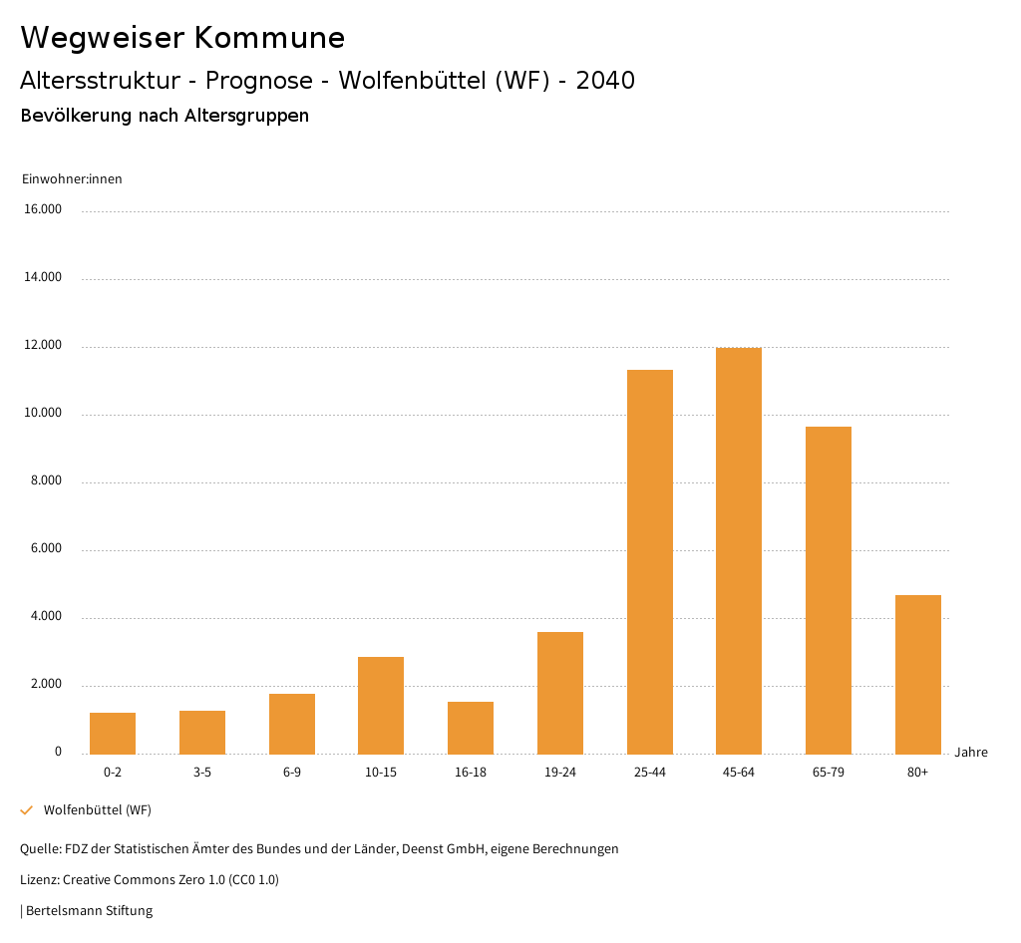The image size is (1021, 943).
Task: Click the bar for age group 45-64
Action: [739, 550]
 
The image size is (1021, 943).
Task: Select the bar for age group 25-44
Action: [650, 561]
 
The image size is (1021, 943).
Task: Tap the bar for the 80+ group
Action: [918, 674]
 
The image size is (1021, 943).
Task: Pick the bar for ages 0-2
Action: [113, 733]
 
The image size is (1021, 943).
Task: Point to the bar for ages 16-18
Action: [471, 728]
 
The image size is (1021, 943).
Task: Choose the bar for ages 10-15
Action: [381, 705]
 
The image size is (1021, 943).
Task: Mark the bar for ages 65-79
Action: [829, 590]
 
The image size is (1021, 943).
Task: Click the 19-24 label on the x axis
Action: [560, 773]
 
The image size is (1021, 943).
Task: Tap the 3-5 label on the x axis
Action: [202, 773]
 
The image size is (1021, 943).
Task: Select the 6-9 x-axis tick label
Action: [292, 773]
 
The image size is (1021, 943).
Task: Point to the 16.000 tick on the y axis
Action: [43, 209]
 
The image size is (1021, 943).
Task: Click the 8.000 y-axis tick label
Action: [46, 480]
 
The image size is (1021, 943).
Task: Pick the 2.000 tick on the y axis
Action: [46, 684]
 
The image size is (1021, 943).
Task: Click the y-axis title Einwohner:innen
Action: [72, 179]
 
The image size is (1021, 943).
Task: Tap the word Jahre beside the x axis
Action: [971, 753]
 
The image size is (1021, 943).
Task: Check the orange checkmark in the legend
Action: [27, 810]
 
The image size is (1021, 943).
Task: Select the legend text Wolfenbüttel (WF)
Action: [98, 810]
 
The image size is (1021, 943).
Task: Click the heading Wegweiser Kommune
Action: [182, 38]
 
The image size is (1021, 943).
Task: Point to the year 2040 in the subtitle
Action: [605, 81]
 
